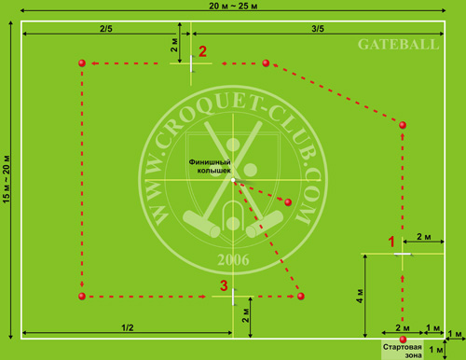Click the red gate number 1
(x=392, y=242)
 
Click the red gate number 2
(x=202, y=51)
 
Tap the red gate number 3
(x=223, y=285)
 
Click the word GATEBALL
(x=390, y=45)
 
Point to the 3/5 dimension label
(x=316, y=28)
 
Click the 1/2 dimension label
(x=129, y=325)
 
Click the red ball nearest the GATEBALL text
(x=403, y=124)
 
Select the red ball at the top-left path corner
(x=82, y=63)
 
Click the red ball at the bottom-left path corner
(x=82, y=296)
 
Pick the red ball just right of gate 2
(x=266, y=63)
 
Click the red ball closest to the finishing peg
(x=288, y=201)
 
